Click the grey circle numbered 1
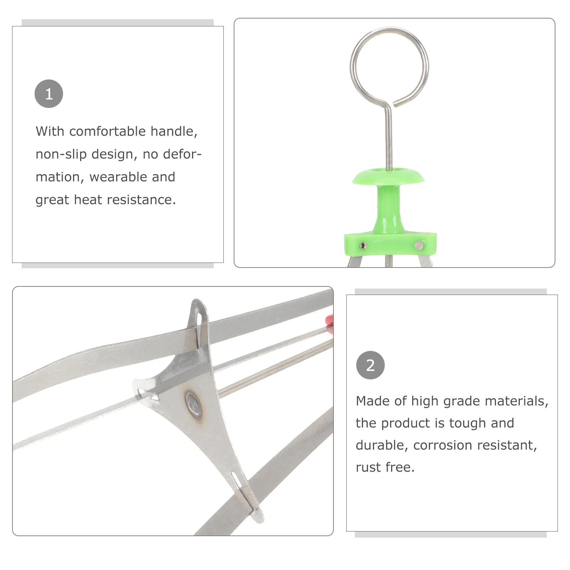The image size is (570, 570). coord(49,94)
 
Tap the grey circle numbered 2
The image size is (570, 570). coord(370,365)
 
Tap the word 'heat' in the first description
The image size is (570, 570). coord(89,200)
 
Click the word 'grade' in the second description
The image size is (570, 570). coord(460,401)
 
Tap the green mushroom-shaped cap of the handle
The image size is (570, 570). coord(389,177)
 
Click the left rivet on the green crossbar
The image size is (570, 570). coord(363,245)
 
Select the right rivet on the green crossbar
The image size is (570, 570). coord(419,245)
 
